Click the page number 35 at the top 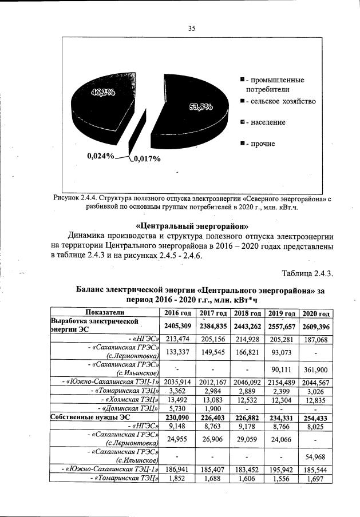click(x=192, y=29)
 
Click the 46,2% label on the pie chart click(x=104, y=95)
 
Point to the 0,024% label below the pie click(x=100, y=155)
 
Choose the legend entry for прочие click(x=260, y=144)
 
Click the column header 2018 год click(x=248, y=313)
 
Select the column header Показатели click(x=104, y=313)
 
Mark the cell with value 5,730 click(x=177, y=408)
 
